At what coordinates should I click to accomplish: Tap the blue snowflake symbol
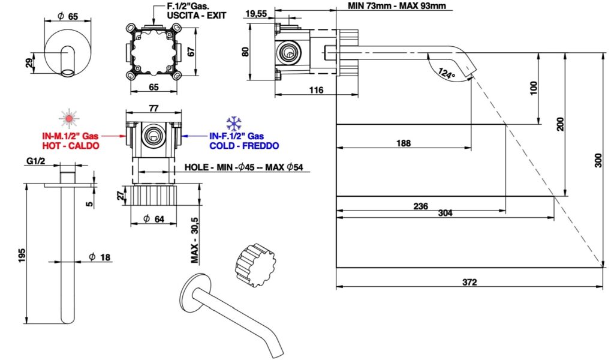click(x=234, y=124)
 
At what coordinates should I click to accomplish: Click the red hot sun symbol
click(x=70, y=118)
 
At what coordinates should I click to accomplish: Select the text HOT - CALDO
click(x=71, y=146)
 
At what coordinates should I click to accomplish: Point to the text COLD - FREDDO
click(x=244, y=146)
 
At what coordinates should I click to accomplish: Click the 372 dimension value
click(x=469, y=282)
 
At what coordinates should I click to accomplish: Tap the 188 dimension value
click(x=404, y=143)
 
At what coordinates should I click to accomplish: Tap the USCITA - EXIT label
click(x=194, y=16)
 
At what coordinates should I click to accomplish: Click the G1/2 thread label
click(x=37, y=161)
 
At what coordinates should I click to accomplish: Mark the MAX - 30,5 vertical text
click(x=195, y=241)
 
